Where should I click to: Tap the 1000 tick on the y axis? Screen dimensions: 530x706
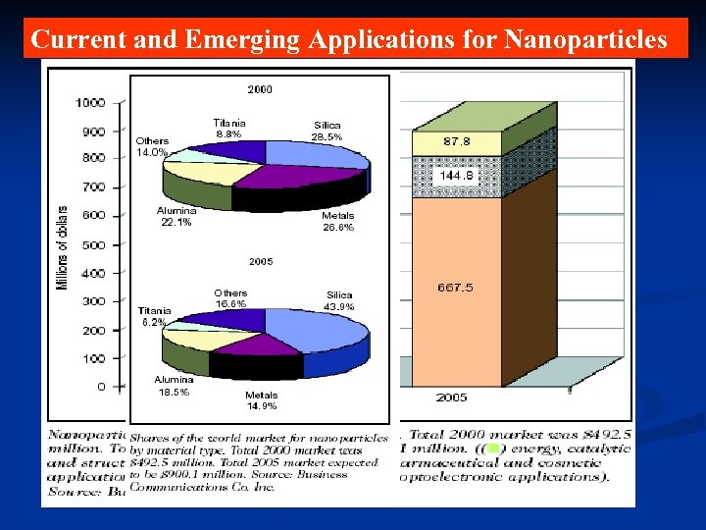(x=91, y=103)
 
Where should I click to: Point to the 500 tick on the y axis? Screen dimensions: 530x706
(x=94, y=244)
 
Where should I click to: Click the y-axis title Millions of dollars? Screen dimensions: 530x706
(x=63, y=247)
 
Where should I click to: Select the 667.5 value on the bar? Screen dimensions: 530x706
(x=455, y=288)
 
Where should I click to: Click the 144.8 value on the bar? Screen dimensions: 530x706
(x=456, y=176)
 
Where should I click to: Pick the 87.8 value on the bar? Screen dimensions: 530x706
(x=457, y=141)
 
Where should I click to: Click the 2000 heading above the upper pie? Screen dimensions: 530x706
(x=260, y=89)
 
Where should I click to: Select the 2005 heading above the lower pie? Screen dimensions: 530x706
(x=260, y=263)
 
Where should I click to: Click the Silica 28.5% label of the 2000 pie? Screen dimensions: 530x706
(x=328, y=132)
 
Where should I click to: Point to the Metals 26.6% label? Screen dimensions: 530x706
(x=337, y=221)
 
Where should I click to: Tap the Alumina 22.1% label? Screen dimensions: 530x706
(x=176, y=216)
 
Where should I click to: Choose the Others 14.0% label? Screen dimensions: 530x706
(x=152, y=147)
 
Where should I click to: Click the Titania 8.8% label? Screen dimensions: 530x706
(x=228, y=128)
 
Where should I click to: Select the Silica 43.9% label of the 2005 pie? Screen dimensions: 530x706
(x=339, y=300)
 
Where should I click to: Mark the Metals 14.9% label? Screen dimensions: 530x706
(x=261, y=400)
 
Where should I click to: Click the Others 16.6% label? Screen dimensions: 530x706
(x=230, y=298)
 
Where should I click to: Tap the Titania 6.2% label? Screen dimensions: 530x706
(x=154, y=316)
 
